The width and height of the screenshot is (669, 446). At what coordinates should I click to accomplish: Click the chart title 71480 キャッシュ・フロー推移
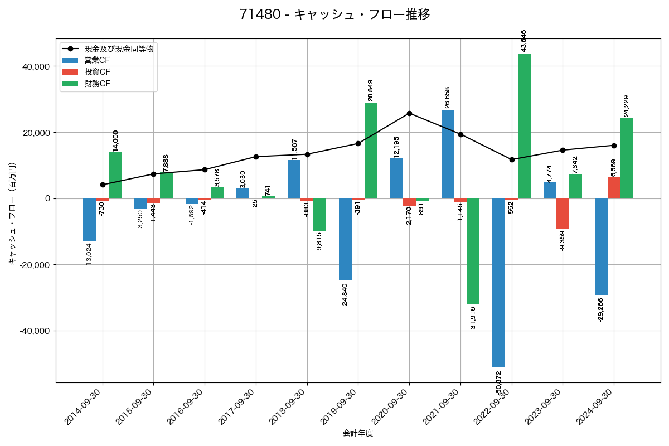[334, 14]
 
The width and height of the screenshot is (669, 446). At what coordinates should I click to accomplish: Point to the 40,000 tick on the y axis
[35, 66]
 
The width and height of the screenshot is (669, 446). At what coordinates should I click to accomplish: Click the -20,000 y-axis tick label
[33, 265]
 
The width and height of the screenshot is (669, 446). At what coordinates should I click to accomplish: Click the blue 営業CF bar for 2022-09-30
[498, 283]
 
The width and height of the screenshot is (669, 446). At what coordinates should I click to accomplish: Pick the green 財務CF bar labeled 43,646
[524, 126]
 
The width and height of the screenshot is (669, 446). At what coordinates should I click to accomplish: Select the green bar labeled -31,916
[473, 251]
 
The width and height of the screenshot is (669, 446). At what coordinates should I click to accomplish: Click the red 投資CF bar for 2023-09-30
[563, 214]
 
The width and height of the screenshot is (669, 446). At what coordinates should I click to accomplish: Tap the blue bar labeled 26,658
[447, 154]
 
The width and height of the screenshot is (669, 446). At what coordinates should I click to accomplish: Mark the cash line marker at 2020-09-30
[409, 113]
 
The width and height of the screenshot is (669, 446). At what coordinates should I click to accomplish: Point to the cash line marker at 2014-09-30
[103, 185]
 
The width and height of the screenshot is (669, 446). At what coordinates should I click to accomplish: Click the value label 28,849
[371, 90]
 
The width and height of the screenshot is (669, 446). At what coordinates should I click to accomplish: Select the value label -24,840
[345, 295]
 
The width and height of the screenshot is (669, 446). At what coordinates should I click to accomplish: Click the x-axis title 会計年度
[357, 433]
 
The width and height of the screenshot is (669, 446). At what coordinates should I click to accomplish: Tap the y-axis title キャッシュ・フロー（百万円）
[12, 214]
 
